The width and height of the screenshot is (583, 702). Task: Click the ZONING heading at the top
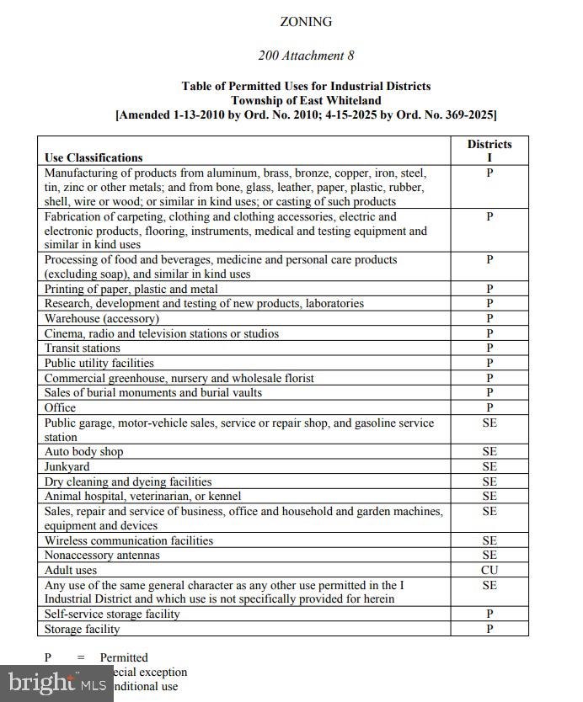(306, 22)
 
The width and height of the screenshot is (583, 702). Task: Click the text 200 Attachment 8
(306, 56)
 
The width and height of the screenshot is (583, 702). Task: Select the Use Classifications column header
(94, 157)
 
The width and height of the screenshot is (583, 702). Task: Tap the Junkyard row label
(67, 467)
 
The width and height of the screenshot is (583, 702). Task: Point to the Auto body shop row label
(83, 452)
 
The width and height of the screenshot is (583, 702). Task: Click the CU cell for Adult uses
(489, 571)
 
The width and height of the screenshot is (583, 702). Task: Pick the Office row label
(60, 407)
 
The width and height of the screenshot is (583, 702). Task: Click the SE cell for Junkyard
(489, 467)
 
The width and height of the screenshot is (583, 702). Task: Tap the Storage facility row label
(82, 630)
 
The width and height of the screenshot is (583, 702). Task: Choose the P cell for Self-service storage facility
(489, 614)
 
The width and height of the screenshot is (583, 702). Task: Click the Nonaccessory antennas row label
(102, 556)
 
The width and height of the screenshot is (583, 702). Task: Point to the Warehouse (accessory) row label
(101, 319)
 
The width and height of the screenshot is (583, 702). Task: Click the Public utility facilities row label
(99, 364)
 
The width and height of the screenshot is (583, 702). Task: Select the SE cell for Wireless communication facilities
(489, 541)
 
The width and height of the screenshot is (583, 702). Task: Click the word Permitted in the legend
(124, 657)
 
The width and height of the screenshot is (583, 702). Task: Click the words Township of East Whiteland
(306, 100)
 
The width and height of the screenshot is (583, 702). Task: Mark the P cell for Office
(489, 407)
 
